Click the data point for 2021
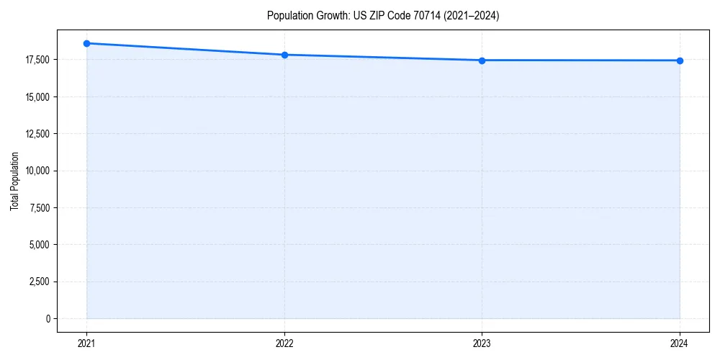(86, 43)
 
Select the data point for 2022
(284, 55)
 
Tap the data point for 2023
(482, 60)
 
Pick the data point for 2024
(680, 60)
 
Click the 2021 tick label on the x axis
(86, 343)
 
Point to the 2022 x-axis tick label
(284, 343)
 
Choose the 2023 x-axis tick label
(482, 343)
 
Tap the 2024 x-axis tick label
(680, 343)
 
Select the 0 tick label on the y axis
(48, 319)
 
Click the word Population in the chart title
(287, 16)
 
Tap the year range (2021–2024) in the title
(463, 16)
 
